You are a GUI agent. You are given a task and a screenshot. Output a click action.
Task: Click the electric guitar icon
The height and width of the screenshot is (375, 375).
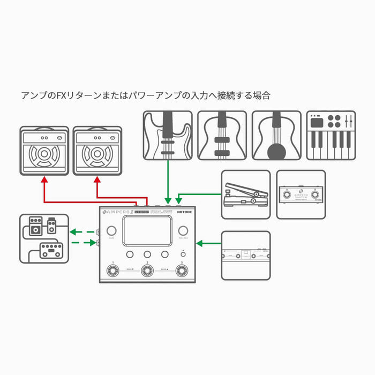coord(168,135)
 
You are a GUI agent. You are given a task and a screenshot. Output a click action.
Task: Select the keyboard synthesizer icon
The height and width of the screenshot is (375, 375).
coord(331,135)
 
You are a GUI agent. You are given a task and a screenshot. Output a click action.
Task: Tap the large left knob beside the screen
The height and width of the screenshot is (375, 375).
coord(111,231)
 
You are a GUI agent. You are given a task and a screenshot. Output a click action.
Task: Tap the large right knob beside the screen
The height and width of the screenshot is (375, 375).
coord(182,231)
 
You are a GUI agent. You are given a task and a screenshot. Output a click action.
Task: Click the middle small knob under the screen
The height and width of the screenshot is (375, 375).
coord(147,254)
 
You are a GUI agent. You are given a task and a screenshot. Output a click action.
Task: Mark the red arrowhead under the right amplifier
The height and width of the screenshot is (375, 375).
coord(97,182)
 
